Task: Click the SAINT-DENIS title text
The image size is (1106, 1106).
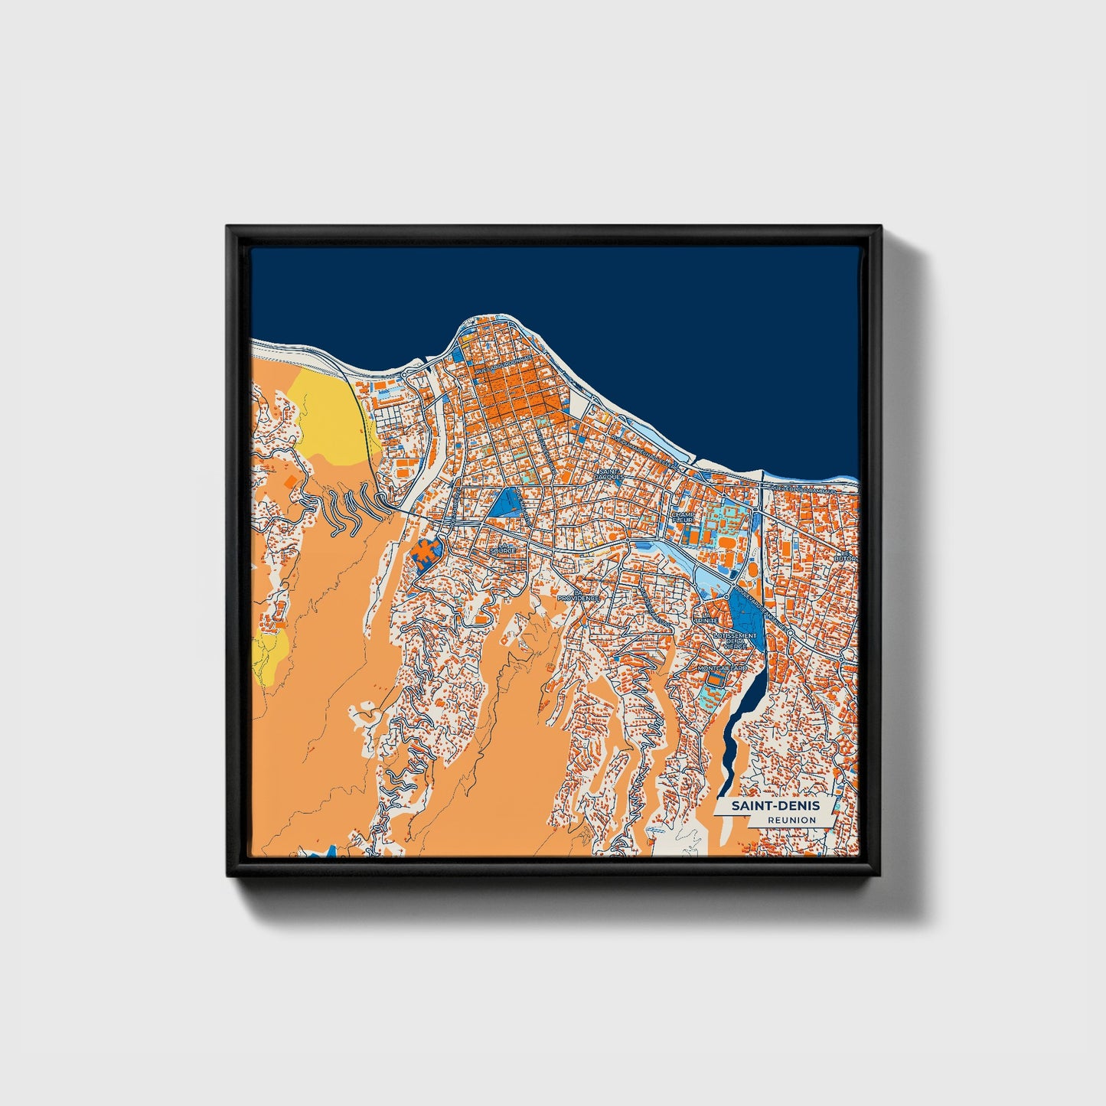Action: point(775,806)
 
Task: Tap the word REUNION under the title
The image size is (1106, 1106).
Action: point(791,821)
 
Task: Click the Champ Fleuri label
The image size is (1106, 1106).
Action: point(684,517)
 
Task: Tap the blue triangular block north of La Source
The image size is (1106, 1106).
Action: point(506,503)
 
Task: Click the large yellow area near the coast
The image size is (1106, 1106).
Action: point(329,417)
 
